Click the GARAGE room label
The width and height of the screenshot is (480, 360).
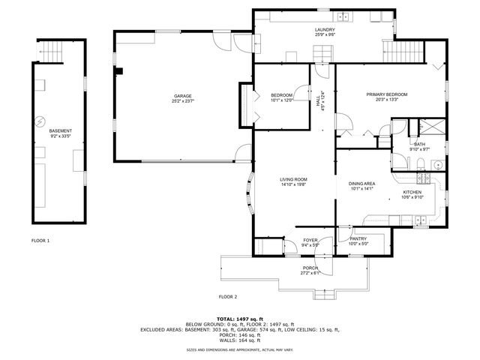(x=183, y=95)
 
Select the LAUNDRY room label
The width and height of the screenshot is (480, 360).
(x=325, y=29)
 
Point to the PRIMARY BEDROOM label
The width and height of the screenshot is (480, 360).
(x=386, y=94)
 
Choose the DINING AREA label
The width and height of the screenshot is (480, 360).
(x=361, y=184)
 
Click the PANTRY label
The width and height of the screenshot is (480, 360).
(x=358, y=238)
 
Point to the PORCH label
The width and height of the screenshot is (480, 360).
(x=310, y=268)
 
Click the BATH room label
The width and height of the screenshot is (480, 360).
(x=420, y=143)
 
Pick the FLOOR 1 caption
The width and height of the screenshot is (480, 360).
(x=40, y=241)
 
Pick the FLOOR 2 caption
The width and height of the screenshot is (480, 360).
(x=227, y=296)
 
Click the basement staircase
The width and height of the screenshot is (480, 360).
(x=51, y=51)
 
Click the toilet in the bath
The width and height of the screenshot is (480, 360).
(x=421, y=164)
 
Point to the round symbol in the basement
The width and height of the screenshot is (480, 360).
(x=43, y=120)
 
